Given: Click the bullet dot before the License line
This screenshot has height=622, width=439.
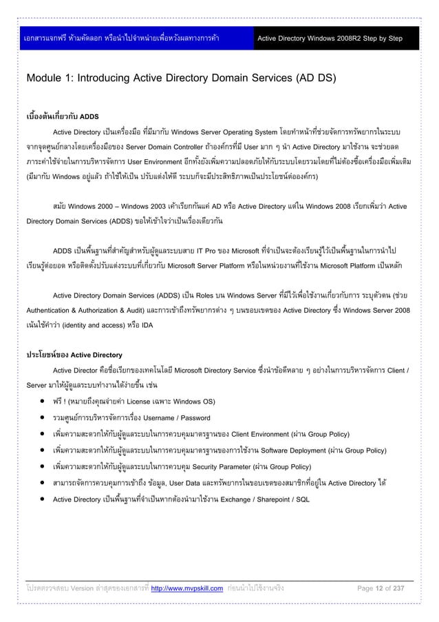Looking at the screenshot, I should pyautogui.click(x=43, y=400).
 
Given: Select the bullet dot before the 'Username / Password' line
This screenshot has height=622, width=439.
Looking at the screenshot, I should pyautogui.click(x=43, y=417).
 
